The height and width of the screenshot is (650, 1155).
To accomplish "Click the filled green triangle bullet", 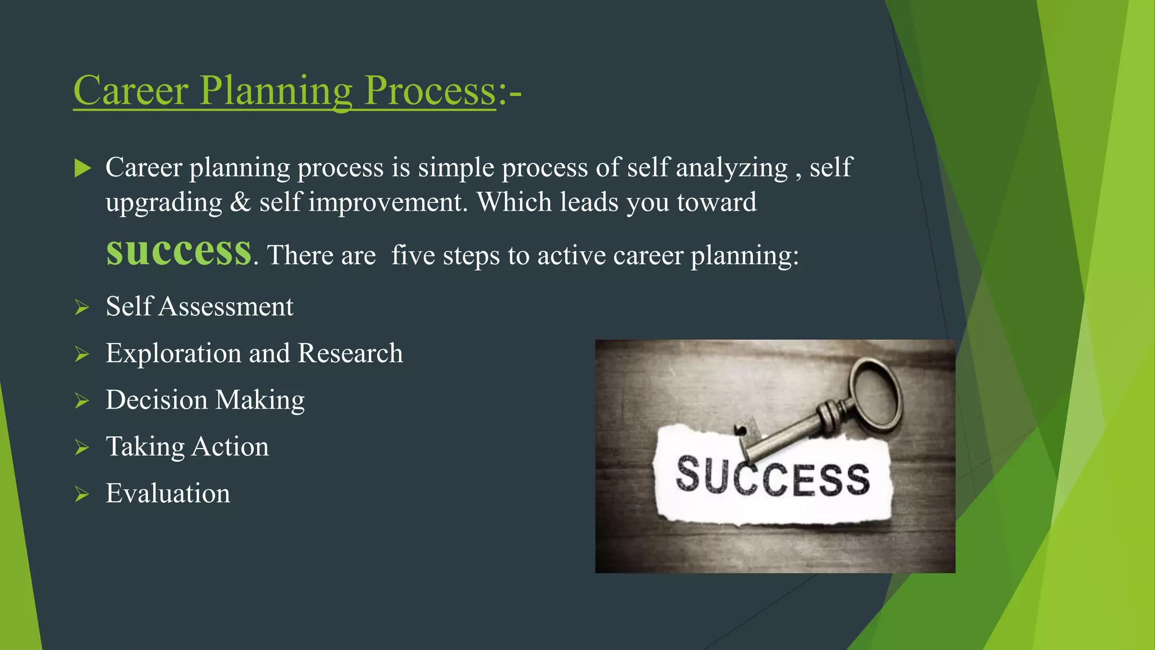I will [82, 168].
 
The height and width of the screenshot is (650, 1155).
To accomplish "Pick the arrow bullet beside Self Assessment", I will [82, 308].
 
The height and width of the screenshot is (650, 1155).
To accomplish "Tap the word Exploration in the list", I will [173, 354].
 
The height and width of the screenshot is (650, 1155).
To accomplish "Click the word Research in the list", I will [350, 354].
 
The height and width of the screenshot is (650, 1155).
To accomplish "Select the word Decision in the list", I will [156, 400].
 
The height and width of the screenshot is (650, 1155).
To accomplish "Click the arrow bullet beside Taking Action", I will [82, 448].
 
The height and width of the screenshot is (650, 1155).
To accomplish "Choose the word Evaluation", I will [168, 494].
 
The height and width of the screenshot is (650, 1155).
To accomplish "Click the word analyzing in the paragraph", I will [731, 168].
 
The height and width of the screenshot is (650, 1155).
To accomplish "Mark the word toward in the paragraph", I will [716, 203].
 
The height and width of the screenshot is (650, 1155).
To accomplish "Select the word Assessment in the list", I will [226, 307].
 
